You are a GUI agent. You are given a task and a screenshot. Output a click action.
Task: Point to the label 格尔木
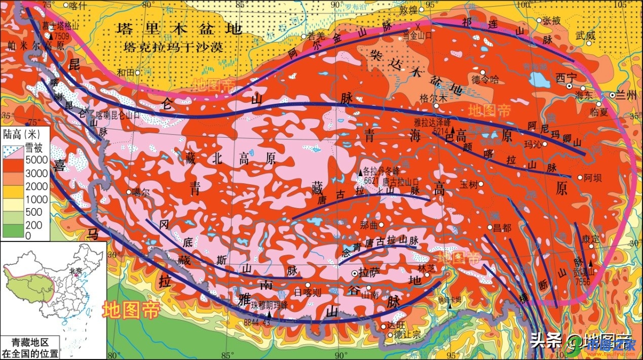(x=434, y=99)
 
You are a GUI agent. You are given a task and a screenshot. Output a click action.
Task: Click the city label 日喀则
(x=308, y=292)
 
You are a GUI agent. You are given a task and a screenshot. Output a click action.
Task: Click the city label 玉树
(x=469, y=185)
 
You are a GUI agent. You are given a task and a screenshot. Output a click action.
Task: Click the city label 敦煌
(x=408, y=10)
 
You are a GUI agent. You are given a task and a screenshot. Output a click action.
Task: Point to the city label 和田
(x=126, y=72)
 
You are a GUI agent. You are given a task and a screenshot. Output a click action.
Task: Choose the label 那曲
(x=369, y=225)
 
